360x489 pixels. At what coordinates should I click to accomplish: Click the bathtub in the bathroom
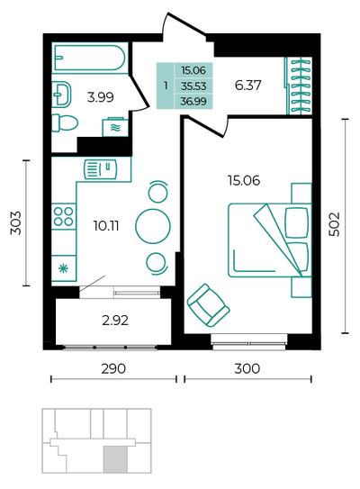coord(90,58)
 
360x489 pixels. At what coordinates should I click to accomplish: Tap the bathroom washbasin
coord(61,95)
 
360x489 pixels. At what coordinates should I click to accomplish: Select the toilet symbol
coord(64,122)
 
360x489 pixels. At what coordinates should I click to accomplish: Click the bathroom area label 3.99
coord(101,97)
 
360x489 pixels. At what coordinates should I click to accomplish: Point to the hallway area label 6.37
coord(247,85)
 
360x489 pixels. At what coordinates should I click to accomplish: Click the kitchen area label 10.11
coord(106,225)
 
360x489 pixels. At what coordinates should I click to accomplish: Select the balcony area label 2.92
coord(115,321)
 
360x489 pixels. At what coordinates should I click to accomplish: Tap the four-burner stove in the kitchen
coord(64,216)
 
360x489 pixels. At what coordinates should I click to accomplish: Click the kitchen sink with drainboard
coord(100,169)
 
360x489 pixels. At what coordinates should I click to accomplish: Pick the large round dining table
coord(153,226)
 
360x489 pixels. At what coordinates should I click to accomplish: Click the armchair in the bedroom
coord(208,305)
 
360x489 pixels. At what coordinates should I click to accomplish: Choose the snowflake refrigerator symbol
coord(64,267)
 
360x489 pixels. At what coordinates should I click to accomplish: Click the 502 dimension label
coord(335,224)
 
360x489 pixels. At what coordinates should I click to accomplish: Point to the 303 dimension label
coord(16,222)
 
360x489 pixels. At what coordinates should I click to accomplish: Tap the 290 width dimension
coord(113,368)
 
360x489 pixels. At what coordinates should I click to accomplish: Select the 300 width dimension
coord(247,368)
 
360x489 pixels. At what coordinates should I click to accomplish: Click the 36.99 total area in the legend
coord(193,102)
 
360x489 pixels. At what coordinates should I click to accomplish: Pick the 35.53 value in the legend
coord(193,86)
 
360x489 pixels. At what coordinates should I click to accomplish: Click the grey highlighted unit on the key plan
coord(115,458)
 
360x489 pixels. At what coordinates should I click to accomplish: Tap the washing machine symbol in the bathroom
coord(115,127)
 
